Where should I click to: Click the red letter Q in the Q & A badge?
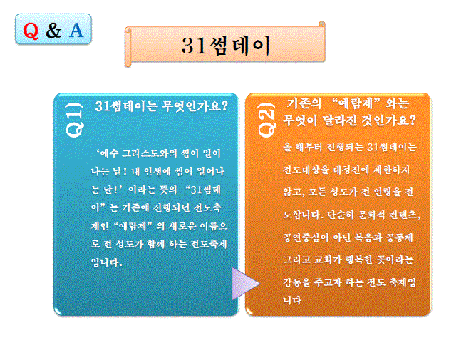pos(31,31)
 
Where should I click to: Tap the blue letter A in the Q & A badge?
pos(76,31)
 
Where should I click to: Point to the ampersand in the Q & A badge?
pos(53,31)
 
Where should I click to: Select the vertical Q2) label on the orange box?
pos(265,118)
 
